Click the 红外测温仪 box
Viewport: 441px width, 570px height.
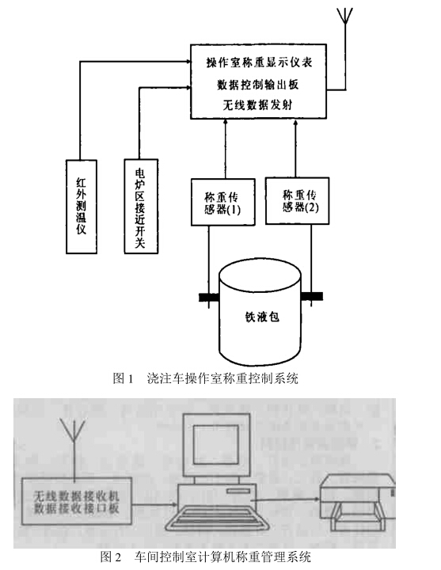tap(82, 207)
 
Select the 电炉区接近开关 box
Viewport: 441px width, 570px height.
tap(141, 206)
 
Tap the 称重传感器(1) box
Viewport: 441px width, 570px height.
tap(222, 202)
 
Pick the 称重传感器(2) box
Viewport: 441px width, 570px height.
tap(298, 200)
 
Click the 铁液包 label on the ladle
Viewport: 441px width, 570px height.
tap(262, 317)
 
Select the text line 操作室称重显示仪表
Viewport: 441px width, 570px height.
tap(259, 63)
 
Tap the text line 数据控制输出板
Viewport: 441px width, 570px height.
tap(258, 85)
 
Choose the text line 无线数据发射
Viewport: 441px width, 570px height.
tap(257, 105)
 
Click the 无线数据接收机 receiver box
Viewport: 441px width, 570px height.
tap(76, 501)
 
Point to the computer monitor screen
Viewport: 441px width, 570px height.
tap(216, 444)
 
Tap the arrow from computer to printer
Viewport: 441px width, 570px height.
tap(286, 500)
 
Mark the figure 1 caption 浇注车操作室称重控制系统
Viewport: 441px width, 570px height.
tap(222, 378)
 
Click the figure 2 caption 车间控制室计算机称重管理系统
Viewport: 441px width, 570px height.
tap(222, 557)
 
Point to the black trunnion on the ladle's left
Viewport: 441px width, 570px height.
tap(209, 298)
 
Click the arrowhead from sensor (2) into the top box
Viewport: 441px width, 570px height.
tap(295, 123)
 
